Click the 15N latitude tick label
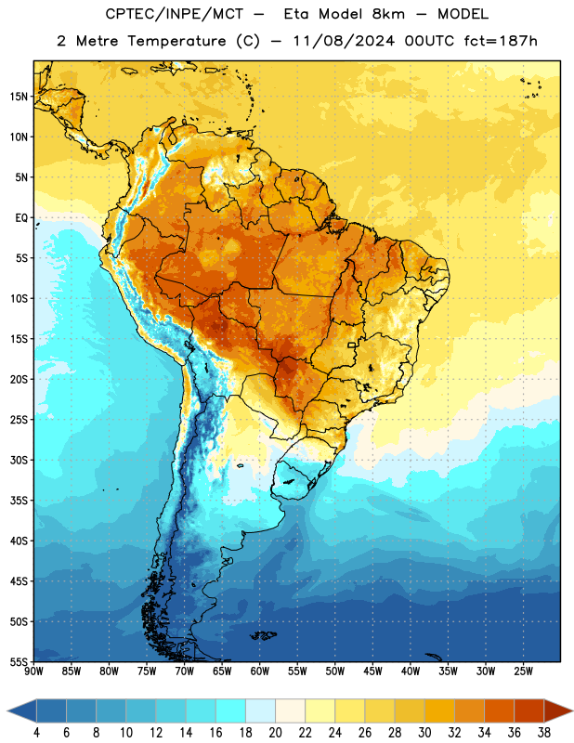pos(19,97)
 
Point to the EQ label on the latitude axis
pos(21,218)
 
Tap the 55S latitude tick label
pos(19,661)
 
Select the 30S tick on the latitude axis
pos(19,460)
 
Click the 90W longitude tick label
pos(33,671)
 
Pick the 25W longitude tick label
pos(523,671)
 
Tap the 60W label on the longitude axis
pos(260,671)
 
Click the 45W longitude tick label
pos(372,671)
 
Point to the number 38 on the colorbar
pos(544,733)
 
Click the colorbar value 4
pos(36,733)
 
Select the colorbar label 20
pos(275,733)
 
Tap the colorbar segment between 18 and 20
pos(261,710)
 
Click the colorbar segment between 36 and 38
pos(529,710)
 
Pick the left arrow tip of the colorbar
pos(7,710)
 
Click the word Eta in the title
pos(295,14)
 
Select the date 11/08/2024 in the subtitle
pos(344,41)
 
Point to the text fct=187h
pos(501,41)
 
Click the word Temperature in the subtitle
pos(176,42)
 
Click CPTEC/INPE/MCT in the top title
pos(174,15)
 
